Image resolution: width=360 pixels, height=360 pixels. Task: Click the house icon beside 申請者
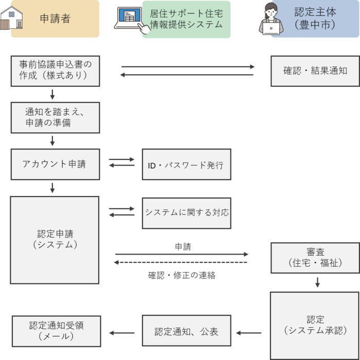(13, 19)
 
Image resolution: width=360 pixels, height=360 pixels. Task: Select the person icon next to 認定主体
(271, 19)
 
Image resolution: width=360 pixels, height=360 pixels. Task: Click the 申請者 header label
(55, 20)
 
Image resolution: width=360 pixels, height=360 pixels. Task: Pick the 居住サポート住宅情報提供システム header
(186, 20)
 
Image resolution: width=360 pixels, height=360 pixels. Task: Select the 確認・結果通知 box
(315, 70)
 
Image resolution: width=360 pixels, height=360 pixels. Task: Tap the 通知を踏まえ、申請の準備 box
(55, 117)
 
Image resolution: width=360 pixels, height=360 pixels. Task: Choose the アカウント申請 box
(55, 164)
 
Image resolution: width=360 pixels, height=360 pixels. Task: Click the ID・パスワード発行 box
(186, 165)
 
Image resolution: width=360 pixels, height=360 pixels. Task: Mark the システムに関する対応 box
(186, 212)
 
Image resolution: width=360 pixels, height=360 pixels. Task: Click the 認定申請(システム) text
(55, 239)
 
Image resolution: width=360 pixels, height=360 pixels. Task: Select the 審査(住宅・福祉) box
(315, 258)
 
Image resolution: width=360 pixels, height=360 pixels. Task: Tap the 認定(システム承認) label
(314, 325)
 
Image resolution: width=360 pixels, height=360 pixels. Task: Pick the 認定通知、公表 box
(186, 332)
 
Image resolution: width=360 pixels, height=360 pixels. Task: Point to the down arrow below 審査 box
(317, 282)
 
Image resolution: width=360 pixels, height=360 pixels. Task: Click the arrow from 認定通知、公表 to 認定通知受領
(121, 333)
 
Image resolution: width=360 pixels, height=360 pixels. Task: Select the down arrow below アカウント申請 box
(52, 188)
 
